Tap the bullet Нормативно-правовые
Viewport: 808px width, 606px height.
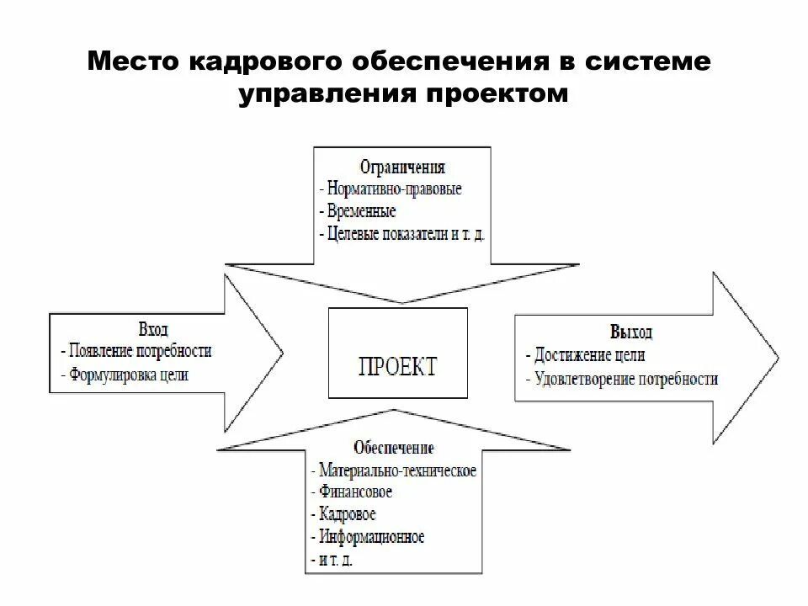point(392,189)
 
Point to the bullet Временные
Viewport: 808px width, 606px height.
point(359,210)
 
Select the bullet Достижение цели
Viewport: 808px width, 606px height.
point(589,354)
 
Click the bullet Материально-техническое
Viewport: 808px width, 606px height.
point(396,470)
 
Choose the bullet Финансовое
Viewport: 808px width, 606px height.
point(353,491)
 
